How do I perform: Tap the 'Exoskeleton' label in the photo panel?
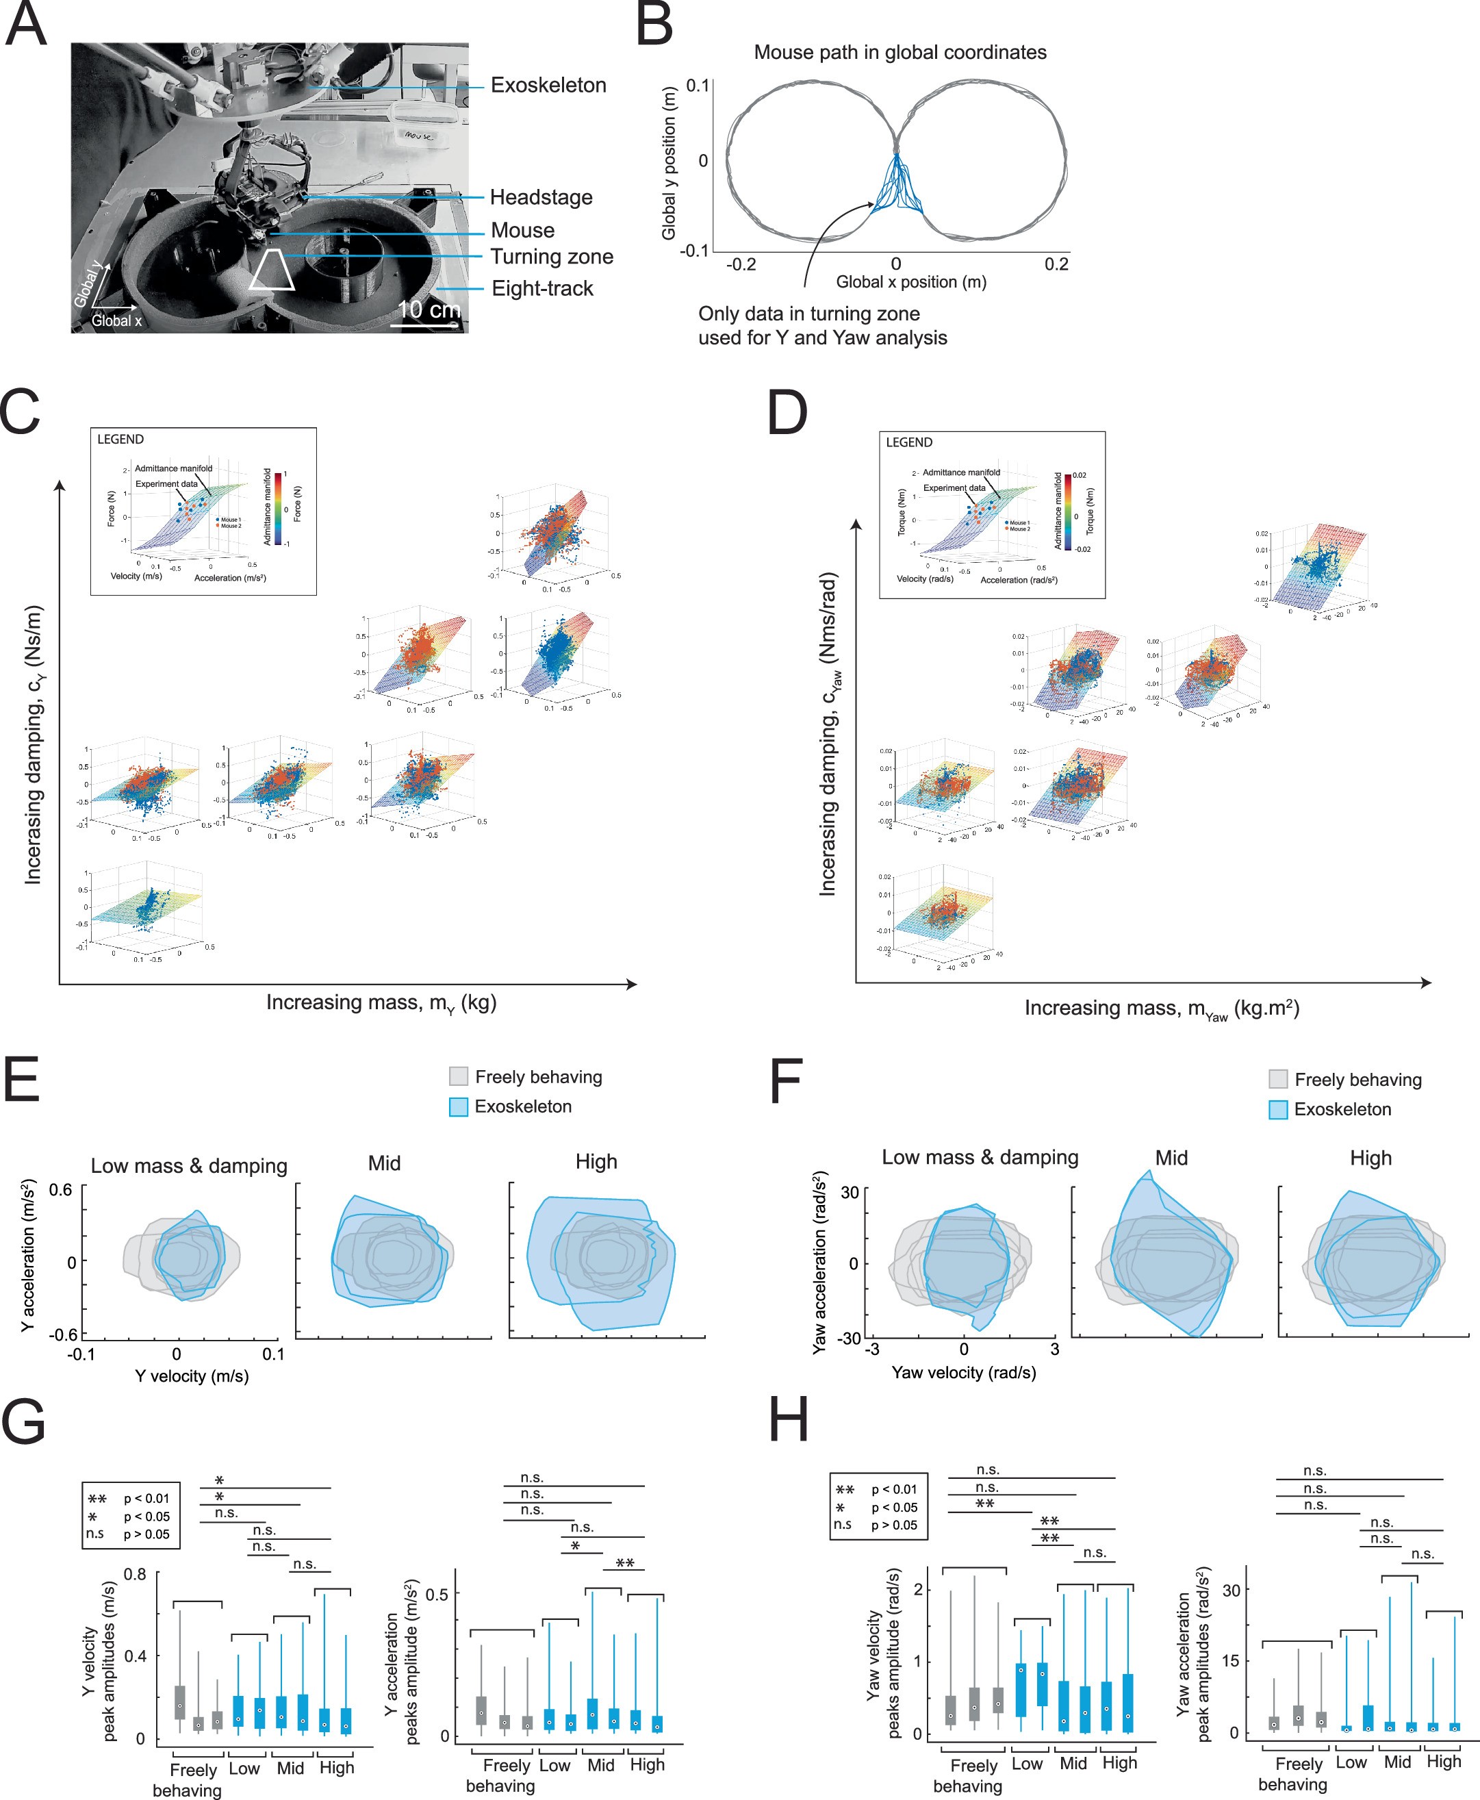tap(548, 86)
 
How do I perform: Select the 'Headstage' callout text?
tap(541, 197)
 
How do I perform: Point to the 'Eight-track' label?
tap(542, 288)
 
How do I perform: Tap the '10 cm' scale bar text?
tap(429, 309)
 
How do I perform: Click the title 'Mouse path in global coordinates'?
tap(900, 52)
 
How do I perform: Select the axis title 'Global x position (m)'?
tap(910, 282)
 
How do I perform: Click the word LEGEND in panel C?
tap(120, 439)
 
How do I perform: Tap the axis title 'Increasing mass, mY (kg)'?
tap(381, 1002)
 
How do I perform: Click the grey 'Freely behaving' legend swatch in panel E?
tap(459, 1076)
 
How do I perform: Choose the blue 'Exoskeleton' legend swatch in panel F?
tap(1278, 1109)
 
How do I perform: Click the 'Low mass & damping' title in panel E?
tap(188, 1165)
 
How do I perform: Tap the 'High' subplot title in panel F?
tap(1370, 1158)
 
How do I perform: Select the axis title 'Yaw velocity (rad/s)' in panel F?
tap(963, 1372)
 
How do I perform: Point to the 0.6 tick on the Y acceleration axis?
tap(60, 1189)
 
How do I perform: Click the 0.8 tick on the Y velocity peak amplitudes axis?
tap(135, 1573)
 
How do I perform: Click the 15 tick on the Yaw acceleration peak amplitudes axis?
tap(1230, 1660)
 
